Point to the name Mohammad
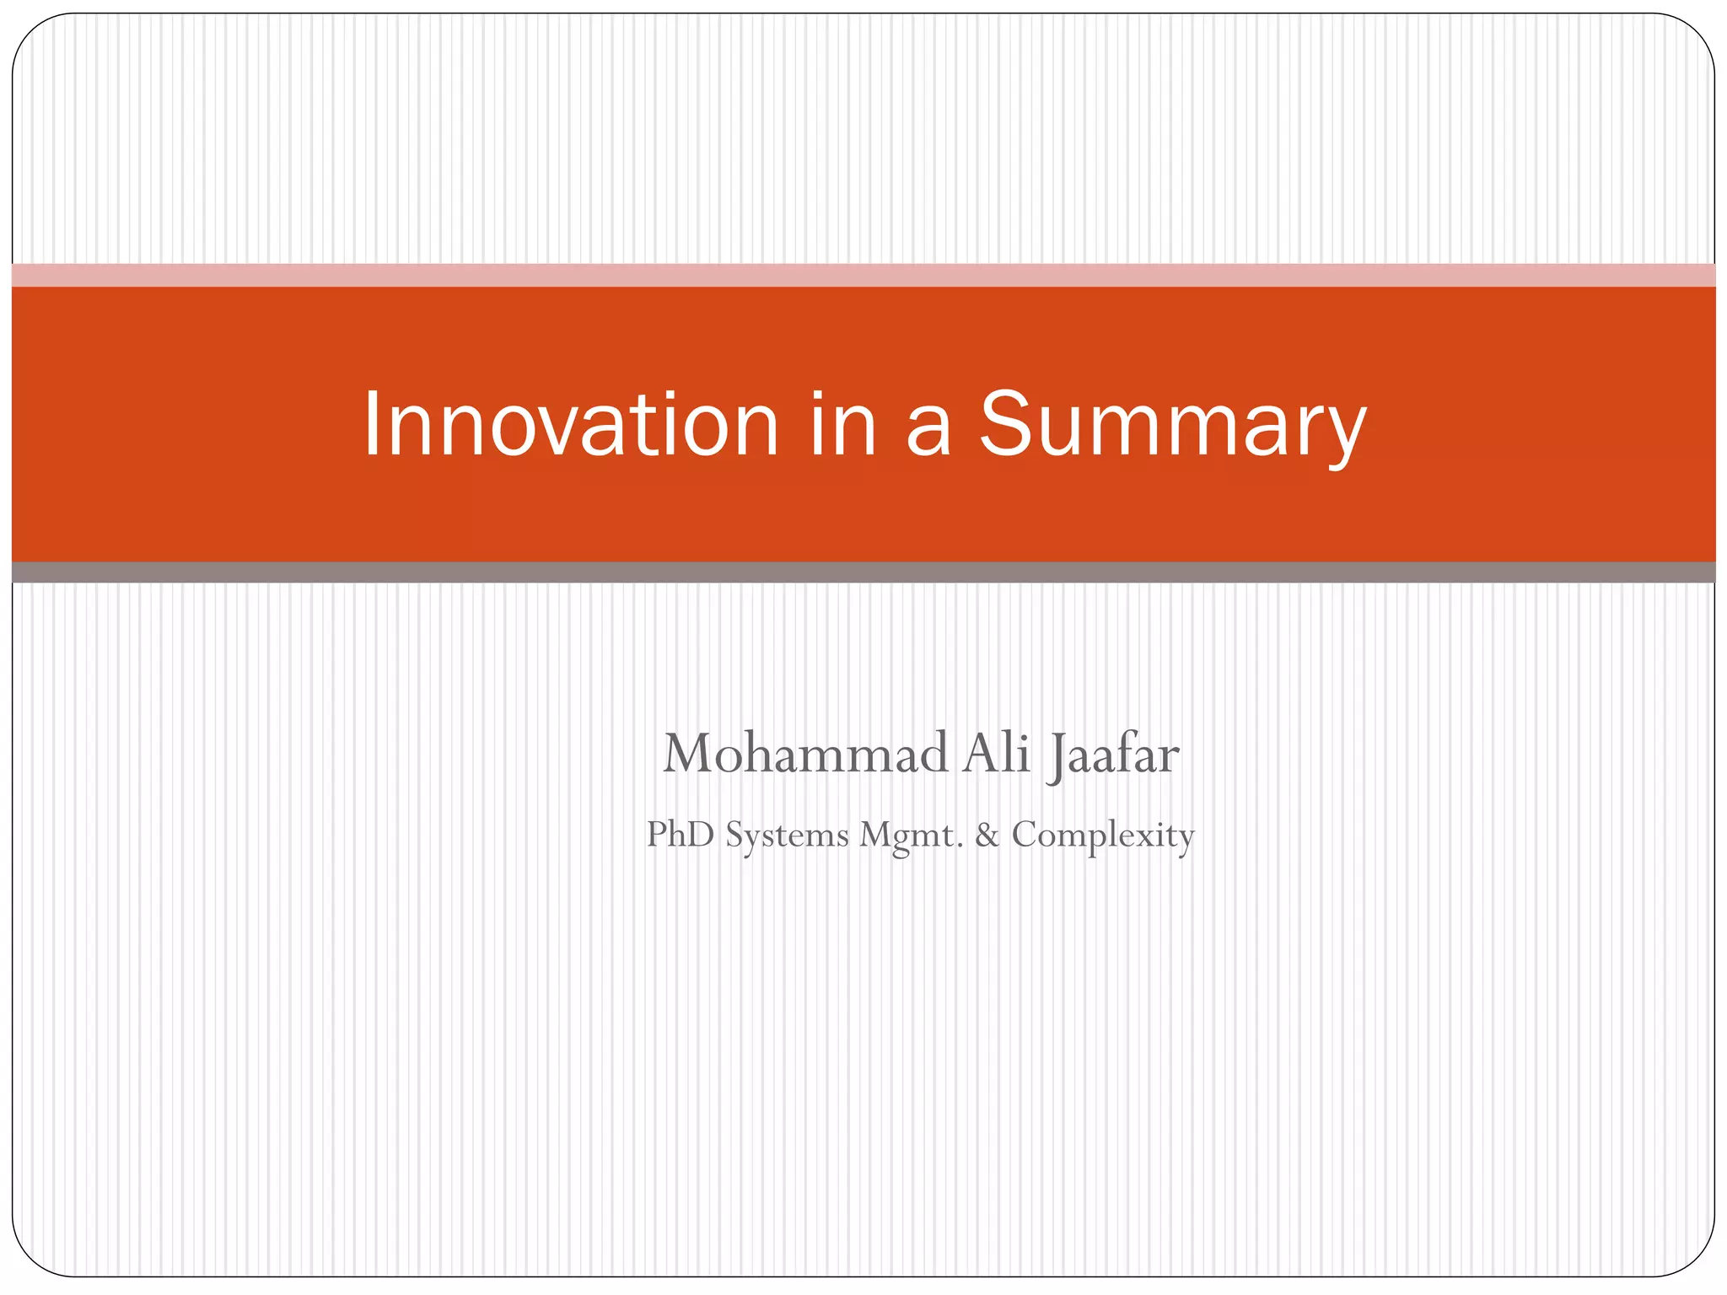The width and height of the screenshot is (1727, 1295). (805, 753)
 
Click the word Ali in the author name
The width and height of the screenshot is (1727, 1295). (997, 753)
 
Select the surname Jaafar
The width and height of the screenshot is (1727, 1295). (1113, 755)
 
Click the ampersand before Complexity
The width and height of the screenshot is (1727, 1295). (987, 835)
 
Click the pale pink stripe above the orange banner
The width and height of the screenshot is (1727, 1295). (863, 275)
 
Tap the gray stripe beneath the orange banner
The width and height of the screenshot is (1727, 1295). (863, 572)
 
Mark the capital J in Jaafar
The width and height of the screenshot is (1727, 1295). (1057, 756)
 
